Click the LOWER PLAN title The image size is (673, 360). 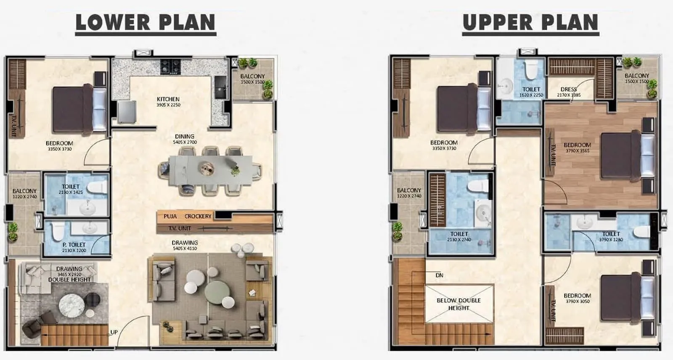145,23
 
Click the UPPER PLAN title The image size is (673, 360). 530,23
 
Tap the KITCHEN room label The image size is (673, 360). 168,99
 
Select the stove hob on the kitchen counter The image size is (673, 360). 170,66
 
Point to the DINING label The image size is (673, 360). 185,136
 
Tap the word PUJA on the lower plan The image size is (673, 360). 170,216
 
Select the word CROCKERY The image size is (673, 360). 198,216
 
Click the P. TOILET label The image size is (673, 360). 74,245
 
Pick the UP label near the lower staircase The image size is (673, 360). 114,332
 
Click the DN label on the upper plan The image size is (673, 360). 439,275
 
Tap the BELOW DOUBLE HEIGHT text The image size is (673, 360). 458,304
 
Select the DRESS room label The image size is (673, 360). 568,89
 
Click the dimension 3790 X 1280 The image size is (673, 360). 611,240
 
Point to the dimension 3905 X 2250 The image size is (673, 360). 168,105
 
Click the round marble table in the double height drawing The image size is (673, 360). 72,305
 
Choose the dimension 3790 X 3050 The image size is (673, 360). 578,302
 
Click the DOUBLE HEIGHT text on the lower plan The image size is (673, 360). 69,280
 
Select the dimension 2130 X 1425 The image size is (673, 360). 71,192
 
